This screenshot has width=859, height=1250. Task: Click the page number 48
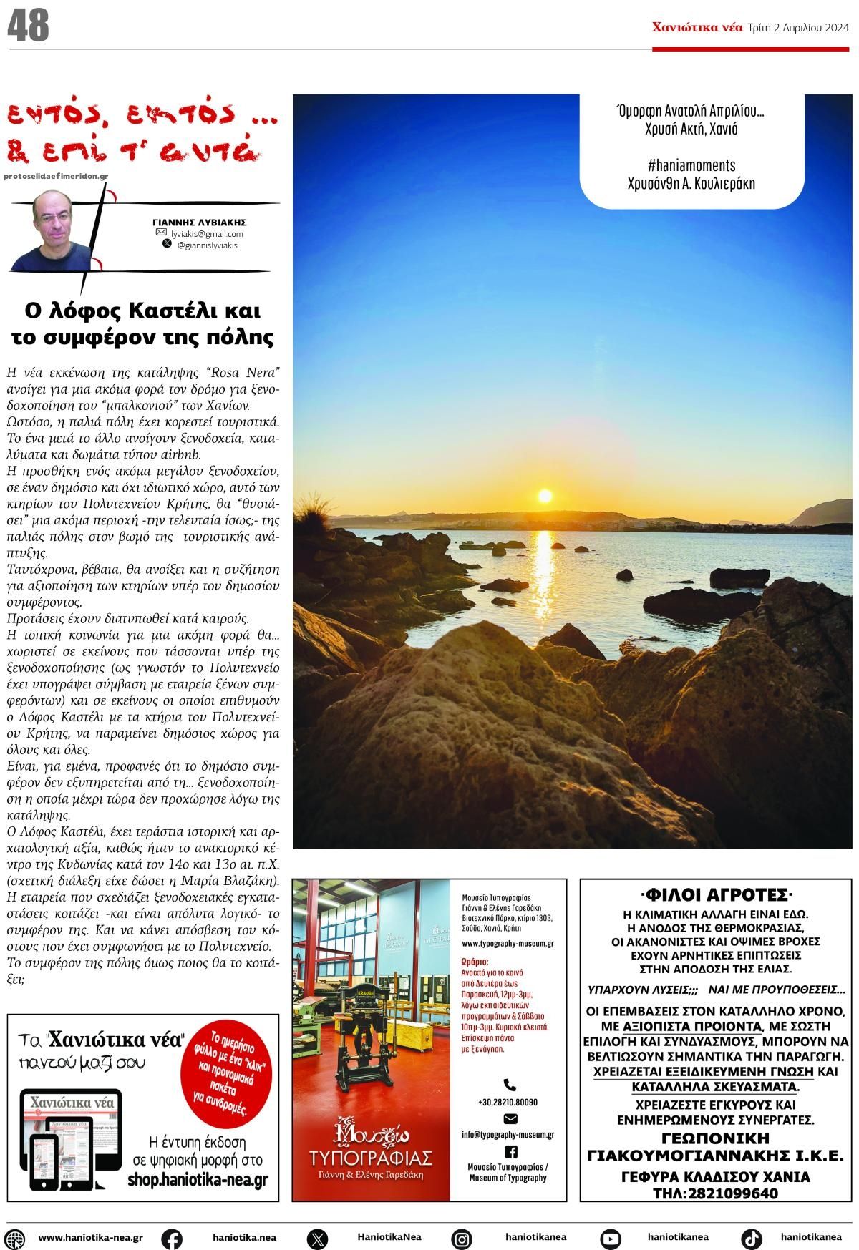pyautogui.click(x=28, y=26)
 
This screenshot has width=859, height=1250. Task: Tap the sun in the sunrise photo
pyautogui.click(x=545, y=495)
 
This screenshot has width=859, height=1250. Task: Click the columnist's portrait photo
pyautogui.click(x=54, y=230)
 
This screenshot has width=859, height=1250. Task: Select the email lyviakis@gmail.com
pyautogui.click(x=207, y=234)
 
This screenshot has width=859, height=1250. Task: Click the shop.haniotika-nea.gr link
pyautogui.click(x=198, y=1180)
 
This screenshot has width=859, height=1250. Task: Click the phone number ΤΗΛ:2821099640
pyautogui.click(x=715, y=1193)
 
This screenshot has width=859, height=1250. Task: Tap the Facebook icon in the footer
pyautogui.click(x=172, y=1238)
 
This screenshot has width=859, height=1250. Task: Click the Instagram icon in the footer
pyautogui.click(x=462, y=1238)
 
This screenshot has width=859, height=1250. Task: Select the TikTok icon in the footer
pyautogui.click(x=751, y=1238)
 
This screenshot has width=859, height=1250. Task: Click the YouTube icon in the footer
pyautogui.click(x=611, y=1238)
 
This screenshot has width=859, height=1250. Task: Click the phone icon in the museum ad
pyautogui.click(x=510, y=1085)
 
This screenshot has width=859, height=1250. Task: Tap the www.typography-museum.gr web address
pyautogui.click(x=508, y=944)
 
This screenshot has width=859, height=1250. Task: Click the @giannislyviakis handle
pyautogui.click(x=207, y=245)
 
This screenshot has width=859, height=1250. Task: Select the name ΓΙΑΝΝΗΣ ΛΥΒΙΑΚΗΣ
pyautogui.click(x=200, y=223)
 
